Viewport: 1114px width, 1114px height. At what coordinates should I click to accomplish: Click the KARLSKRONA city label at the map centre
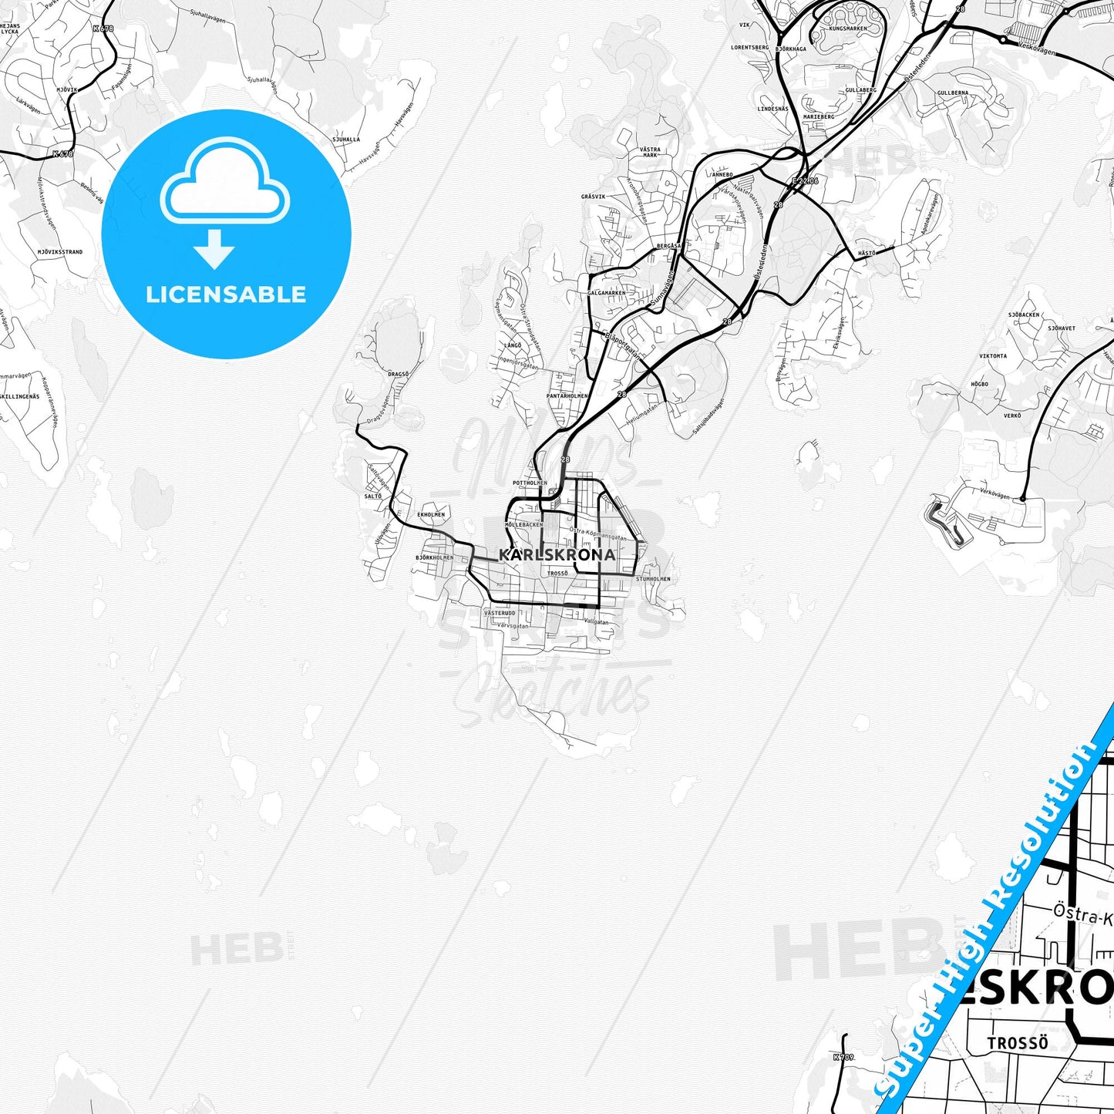coord(557,554)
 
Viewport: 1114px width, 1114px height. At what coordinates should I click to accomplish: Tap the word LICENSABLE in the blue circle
coord(226,294)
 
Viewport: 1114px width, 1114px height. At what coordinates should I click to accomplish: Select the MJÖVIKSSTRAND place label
coord(59,252)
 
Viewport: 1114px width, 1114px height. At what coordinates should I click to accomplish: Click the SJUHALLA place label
coord(345,140)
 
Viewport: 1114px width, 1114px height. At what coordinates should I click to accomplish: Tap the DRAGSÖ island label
coord(398,374)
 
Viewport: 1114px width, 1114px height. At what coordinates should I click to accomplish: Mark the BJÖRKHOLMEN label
coord(434,557)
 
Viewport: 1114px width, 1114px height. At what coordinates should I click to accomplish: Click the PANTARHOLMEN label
coord(567,395)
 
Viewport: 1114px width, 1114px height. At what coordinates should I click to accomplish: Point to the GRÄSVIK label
coord(593,197)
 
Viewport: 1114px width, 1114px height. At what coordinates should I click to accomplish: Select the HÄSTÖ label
coord(867,253)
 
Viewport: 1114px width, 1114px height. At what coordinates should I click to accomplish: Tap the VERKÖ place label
coord(1011,416)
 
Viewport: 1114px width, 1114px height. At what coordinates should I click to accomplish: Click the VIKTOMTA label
coord(993,356)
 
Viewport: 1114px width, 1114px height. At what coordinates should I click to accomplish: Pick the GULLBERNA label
coord(953,93)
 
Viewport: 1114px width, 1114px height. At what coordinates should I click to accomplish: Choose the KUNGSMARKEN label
coord(848,29)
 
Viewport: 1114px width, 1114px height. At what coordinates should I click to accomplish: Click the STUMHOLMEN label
coord(653,578)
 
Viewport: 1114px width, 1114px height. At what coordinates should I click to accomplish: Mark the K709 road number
coord(843,1058)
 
